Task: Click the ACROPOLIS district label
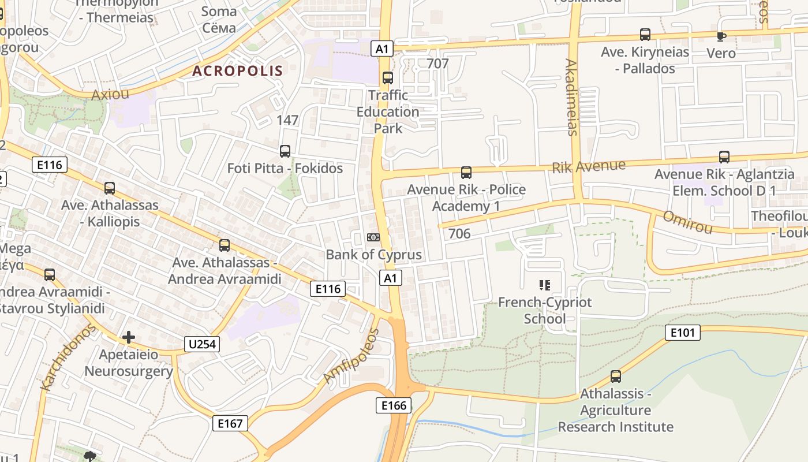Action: click(237, 71)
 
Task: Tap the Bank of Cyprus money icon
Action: click(373, 237)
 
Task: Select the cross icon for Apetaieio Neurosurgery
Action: click(129, 337)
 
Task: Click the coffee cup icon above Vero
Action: click(721, 36)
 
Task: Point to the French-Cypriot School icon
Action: click(544, 285)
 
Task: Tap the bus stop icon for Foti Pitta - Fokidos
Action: click(285, 151)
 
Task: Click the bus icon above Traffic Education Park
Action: click(388, 77)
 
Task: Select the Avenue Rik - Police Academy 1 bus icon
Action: click(466, 172)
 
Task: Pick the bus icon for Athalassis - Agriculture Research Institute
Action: click(616, 377)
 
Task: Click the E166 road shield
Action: click(394, 405)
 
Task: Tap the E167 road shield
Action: click(230, 423)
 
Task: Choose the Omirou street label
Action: click(687, 222)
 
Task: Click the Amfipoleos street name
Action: click(351, 356)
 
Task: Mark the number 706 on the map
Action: click(459, 234)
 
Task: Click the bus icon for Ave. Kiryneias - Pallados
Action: click(645, 35)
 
